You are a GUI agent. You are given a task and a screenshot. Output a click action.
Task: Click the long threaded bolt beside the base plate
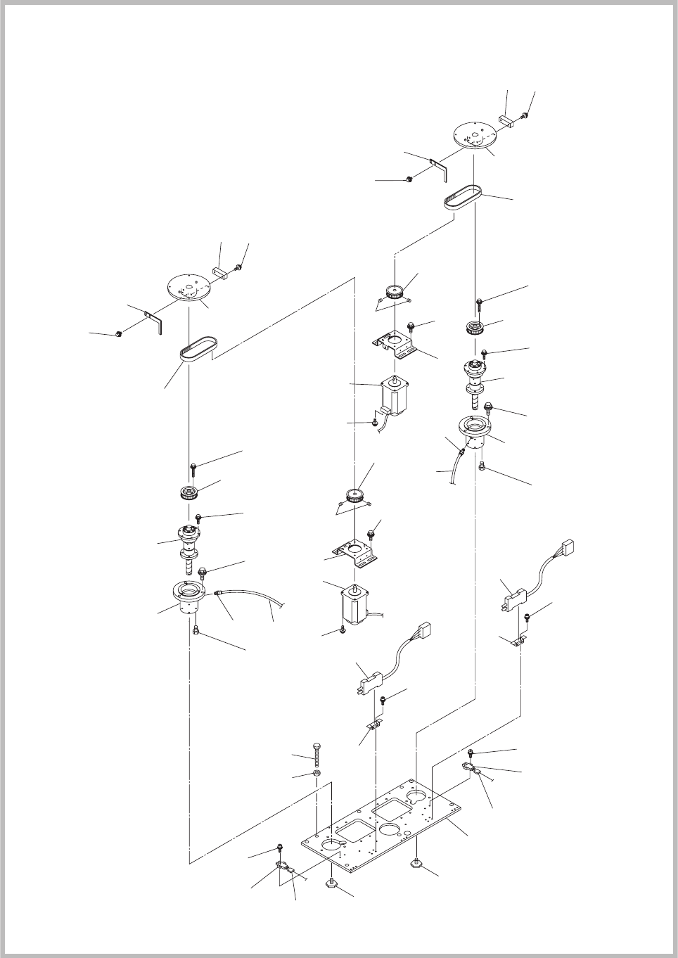pyautogui.click(x=316, y=756)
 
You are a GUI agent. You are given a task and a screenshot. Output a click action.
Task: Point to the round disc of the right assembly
pyautogui.click(x=475, y=134)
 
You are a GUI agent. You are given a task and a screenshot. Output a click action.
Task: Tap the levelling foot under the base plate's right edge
pyautogui.click(x=417, y=862)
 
